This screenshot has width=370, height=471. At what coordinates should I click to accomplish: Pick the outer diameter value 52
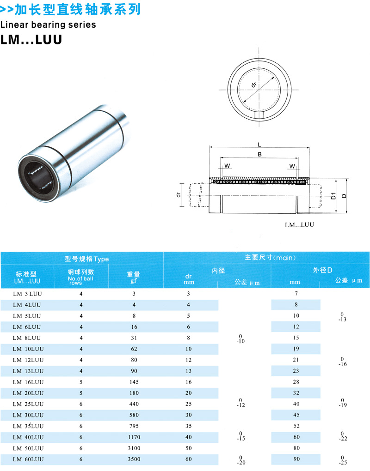[296, 426]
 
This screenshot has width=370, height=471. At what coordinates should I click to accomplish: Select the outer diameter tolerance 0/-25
[342, 460]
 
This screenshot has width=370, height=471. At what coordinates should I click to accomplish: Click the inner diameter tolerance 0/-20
[240, 460]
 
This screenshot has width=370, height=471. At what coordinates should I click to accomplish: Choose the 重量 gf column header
[134, 277]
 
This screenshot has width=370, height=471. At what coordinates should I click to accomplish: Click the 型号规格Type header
[86, 259]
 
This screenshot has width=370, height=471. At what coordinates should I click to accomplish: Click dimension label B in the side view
[259, 155]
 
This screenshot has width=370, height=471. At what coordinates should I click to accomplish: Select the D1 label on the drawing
[333, 196]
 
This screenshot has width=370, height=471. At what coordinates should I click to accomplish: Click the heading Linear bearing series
[48, 24]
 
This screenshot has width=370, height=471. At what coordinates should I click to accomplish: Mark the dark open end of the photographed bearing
[37, 176]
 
